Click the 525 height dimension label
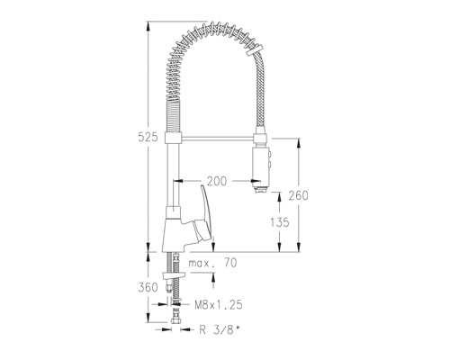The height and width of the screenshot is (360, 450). pos(148,137)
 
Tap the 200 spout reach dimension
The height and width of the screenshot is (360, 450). pos(217,181)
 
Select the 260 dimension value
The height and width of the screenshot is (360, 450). pos(298,195)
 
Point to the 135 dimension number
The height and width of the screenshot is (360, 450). pos(280,222)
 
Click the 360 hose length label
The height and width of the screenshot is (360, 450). pos(148,287)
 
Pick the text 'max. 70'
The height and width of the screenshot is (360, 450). pos(212,263)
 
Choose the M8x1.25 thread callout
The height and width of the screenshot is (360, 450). pos(219,305)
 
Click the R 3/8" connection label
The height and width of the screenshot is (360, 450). pos(220,330)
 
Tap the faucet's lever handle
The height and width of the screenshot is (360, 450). pos(205,212)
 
